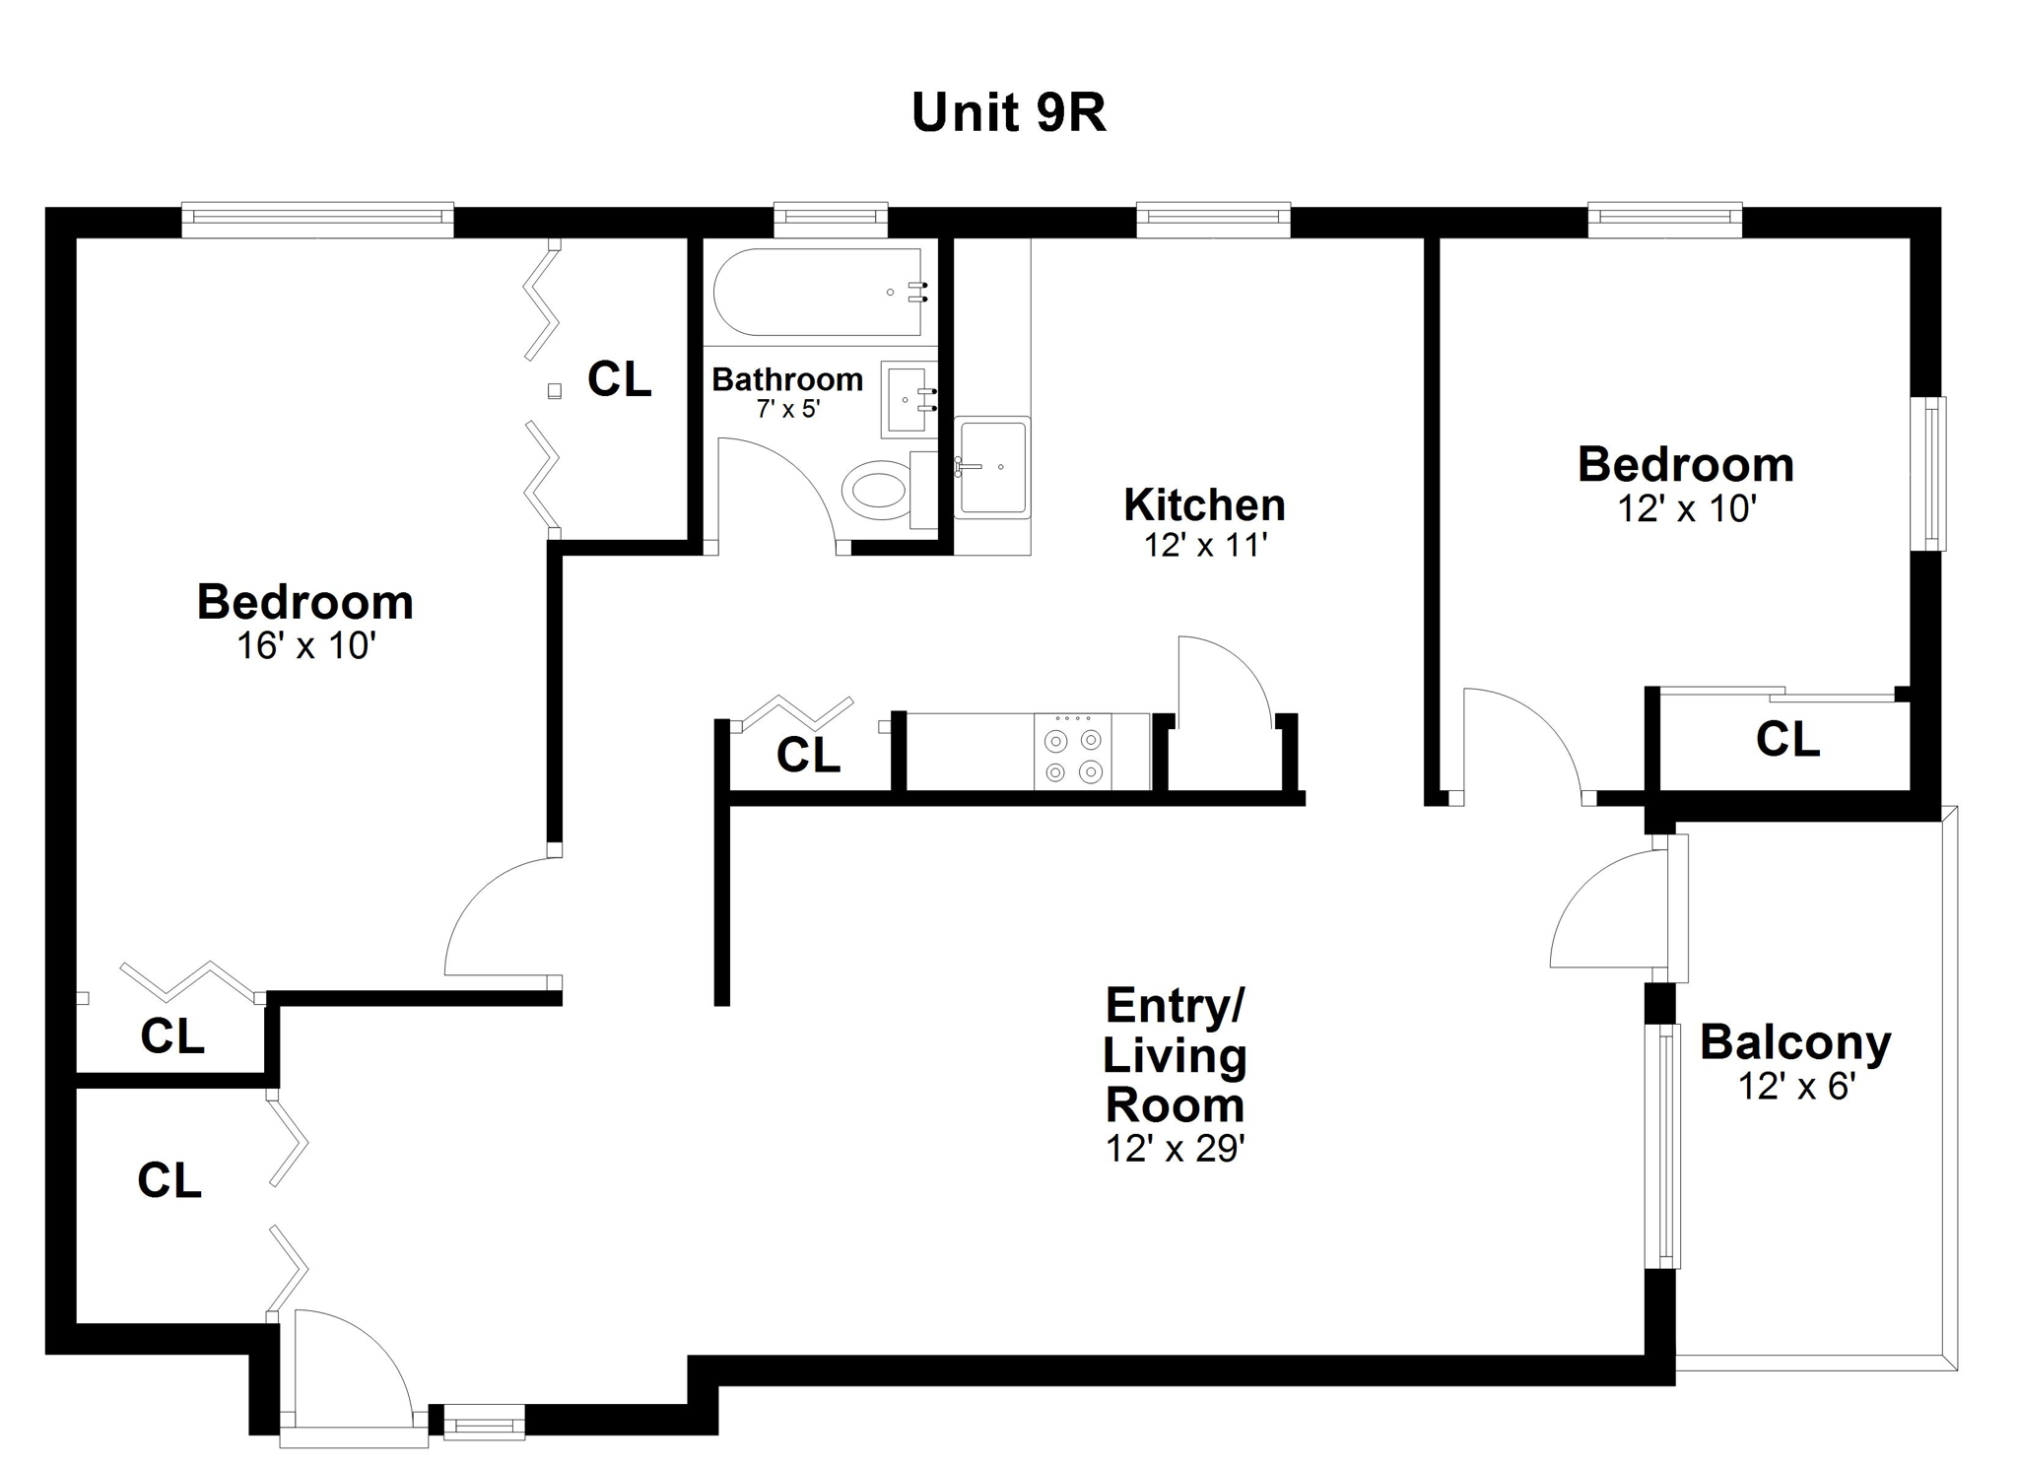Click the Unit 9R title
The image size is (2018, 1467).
[x=1008, y=112]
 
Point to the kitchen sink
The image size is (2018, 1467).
[x=992, y=467]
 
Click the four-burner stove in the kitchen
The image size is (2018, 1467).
[x=1073, y=751]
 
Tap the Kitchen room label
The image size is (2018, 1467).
[x=1204, y=504]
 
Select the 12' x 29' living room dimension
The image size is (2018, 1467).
[x=1175, y=1149]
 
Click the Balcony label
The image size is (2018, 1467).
[x=1795, y=1042]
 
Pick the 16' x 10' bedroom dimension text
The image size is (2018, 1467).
[x=306, y=645]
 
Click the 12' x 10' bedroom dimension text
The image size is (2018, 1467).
[x=1687, y=508]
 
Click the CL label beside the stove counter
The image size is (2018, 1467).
[x=808, y=756]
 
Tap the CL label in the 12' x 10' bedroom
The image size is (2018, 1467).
[x=1787, y=739]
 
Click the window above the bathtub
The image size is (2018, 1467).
[x=831, y=220]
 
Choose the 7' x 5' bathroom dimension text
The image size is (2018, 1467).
[x=787, y=408]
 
